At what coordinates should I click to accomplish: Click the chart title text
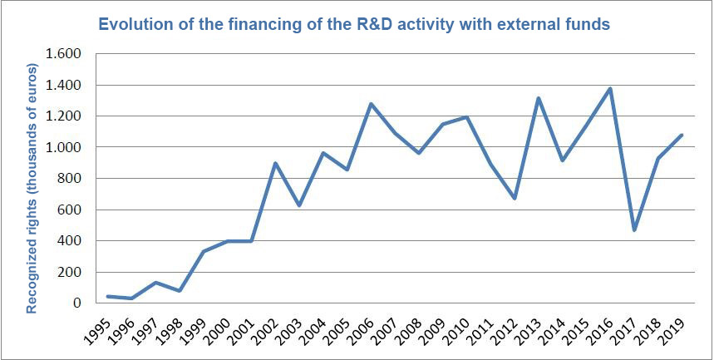[354, 24]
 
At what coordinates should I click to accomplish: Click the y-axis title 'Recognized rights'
[32, 188]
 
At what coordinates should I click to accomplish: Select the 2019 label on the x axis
[673, 329]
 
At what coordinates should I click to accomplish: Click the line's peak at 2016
[611, 88]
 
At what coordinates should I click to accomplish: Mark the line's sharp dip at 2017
[635, 230]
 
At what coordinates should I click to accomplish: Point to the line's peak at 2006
[371, 104]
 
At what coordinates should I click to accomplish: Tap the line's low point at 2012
[515, 198]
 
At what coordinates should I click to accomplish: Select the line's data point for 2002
[275, 163]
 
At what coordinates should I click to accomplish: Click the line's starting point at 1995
[107, 296]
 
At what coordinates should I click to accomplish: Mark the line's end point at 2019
[682, 135]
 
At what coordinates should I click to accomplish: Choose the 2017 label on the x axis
[626, 329]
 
